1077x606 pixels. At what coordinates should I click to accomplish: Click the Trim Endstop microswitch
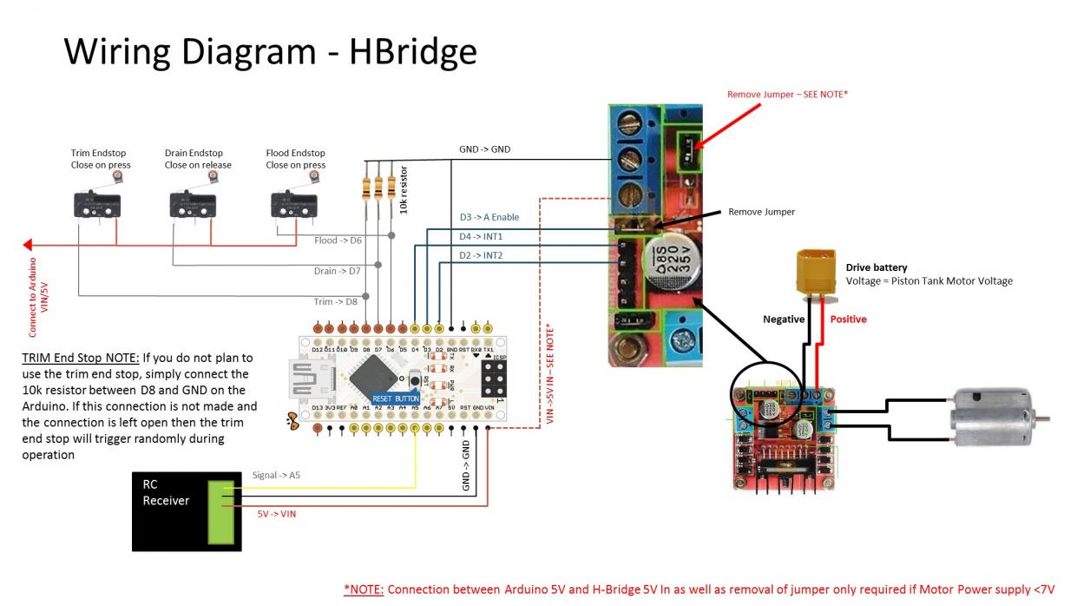pyautogui.click(x=96, y=205)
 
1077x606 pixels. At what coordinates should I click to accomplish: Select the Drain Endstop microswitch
pyautogui.click(x=192, y=205)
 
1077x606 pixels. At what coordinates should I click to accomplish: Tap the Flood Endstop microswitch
pyautogui.click(x=294, y=205)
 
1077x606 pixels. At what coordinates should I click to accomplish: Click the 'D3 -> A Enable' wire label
pyautogui.click(x=490, y=217)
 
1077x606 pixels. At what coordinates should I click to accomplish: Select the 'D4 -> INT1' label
pyautogui.click(x=481, y=236)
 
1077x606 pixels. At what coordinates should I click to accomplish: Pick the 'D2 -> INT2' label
pyautogui.click(x=481, y=255)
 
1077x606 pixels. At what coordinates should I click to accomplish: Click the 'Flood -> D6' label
pyautogui.click(x=338, y=240)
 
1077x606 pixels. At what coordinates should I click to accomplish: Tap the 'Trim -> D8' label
pyautogui.click(x=335, y=302)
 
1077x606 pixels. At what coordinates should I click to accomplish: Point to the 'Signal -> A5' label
pyautogui.click(x=276, y=475)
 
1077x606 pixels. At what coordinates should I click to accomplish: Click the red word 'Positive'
pyautogui.click(x=848, y=319)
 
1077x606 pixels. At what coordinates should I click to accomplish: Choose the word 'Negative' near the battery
pyautogui.click(x=784, y=319)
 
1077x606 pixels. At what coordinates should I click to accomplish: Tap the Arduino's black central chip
pyautogui.click(x=375, y=379)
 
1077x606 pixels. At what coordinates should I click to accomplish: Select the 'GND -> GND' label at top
pyautogui.click(x=484, y=149)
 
